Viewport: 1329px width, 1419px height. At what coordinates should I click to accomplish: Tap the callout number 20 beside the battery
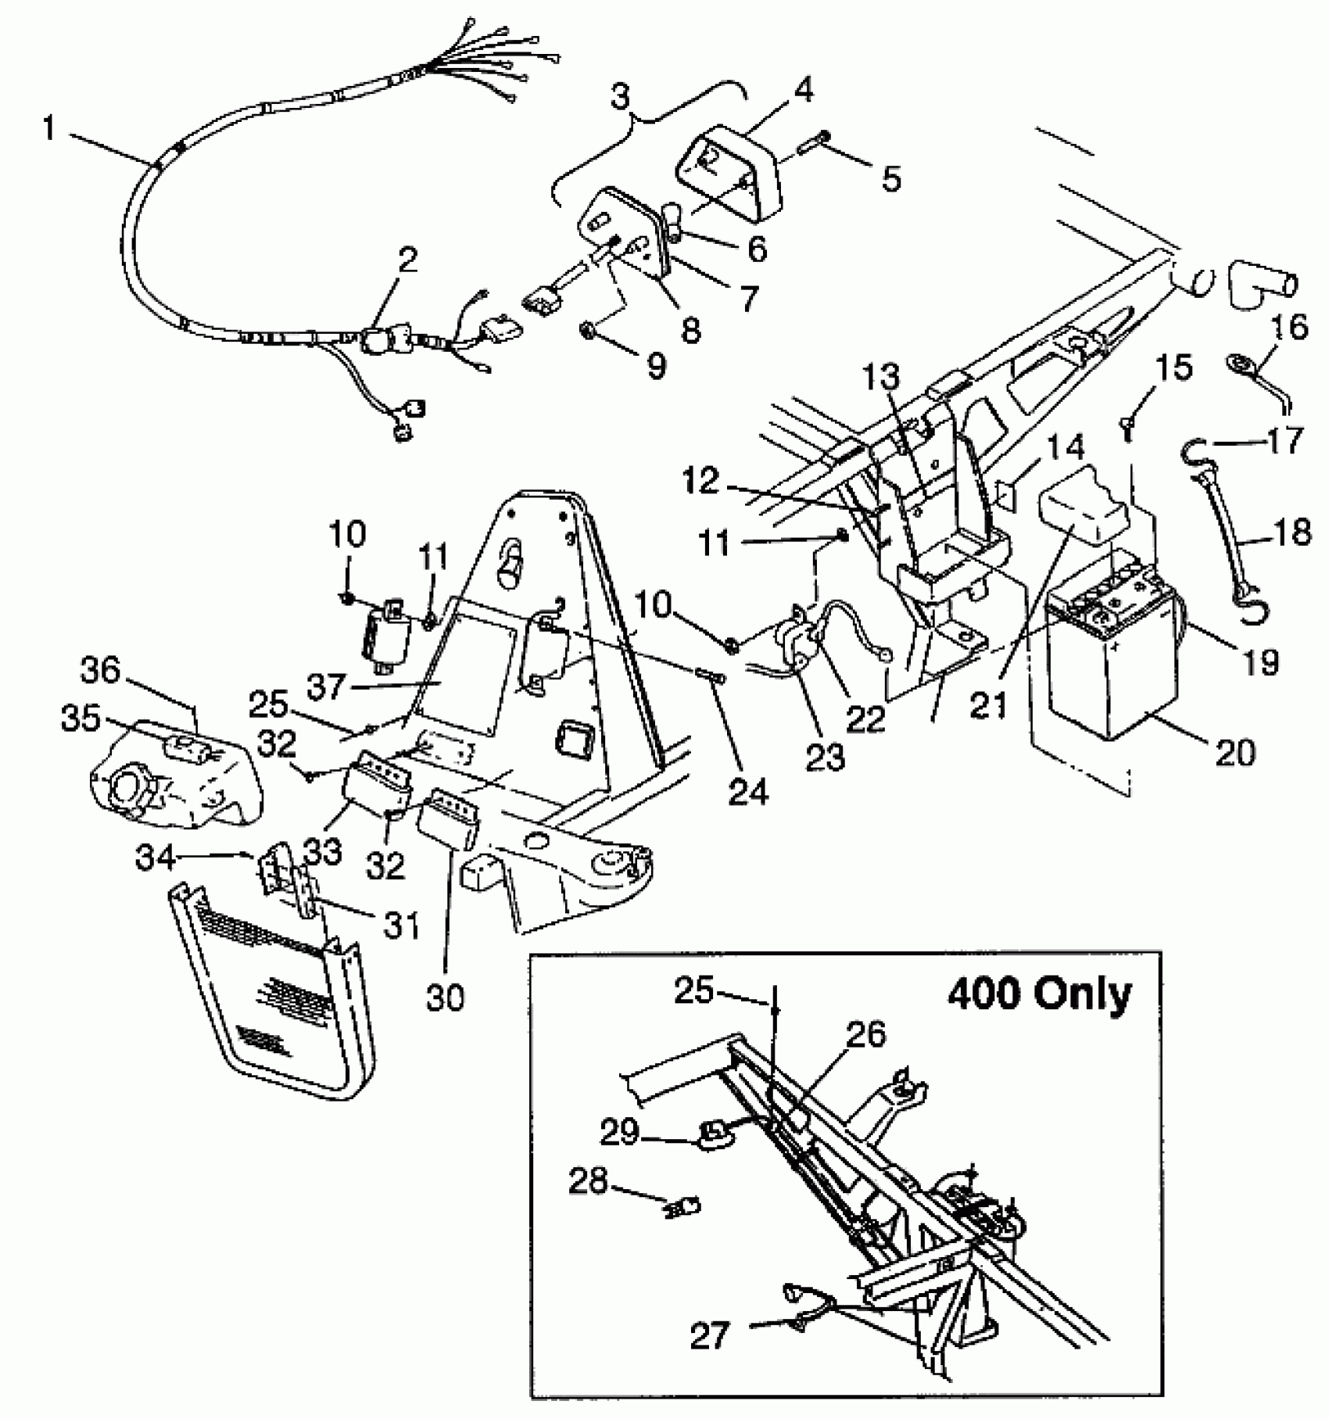click(1235, 751)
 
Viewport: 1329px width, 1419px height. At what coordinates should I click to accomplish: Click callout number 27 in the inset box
click(711, 1335)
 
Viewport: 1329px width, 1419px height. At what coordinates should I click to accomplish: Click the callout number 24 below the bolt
click(748, 791)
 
